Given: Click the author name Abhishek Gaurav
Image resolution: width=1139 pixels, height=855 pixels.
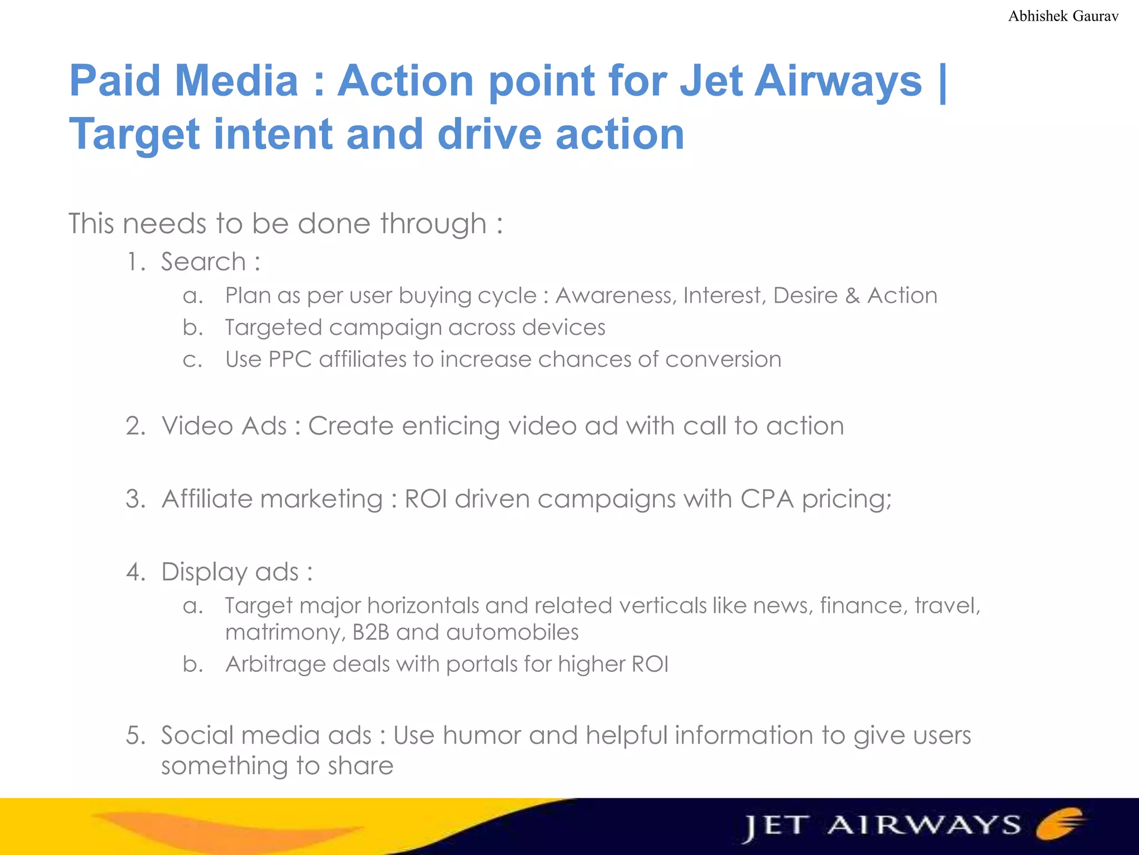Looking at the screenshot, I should click(1063, 16).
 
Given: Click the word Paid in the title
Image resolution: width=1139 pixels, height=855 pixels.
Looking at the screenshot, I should click(115, 81).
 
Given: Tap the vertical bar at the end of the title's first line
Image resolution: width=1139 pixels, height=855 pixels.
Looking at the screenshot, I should click(942, 82).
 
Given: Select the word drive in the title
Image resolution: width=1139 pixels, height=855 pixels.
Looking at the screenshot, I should click(489, 135).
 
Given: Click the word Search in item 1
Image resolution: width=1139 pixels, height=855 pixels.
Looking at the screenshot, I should click(204, 262).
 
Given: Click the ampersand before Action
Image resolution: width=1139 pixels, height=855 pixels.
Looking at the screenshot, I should click(852, 296).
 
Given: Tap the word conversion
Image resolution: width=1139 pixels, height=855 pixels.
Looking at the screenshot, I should click(723, 360).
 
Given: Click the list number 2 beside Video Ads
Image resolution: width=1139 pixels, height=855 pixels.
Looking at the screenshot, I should click(135, 426).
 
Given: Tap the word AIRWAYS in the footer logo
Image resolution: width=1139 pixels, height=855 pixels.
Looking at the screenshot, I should click(923, 825).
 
